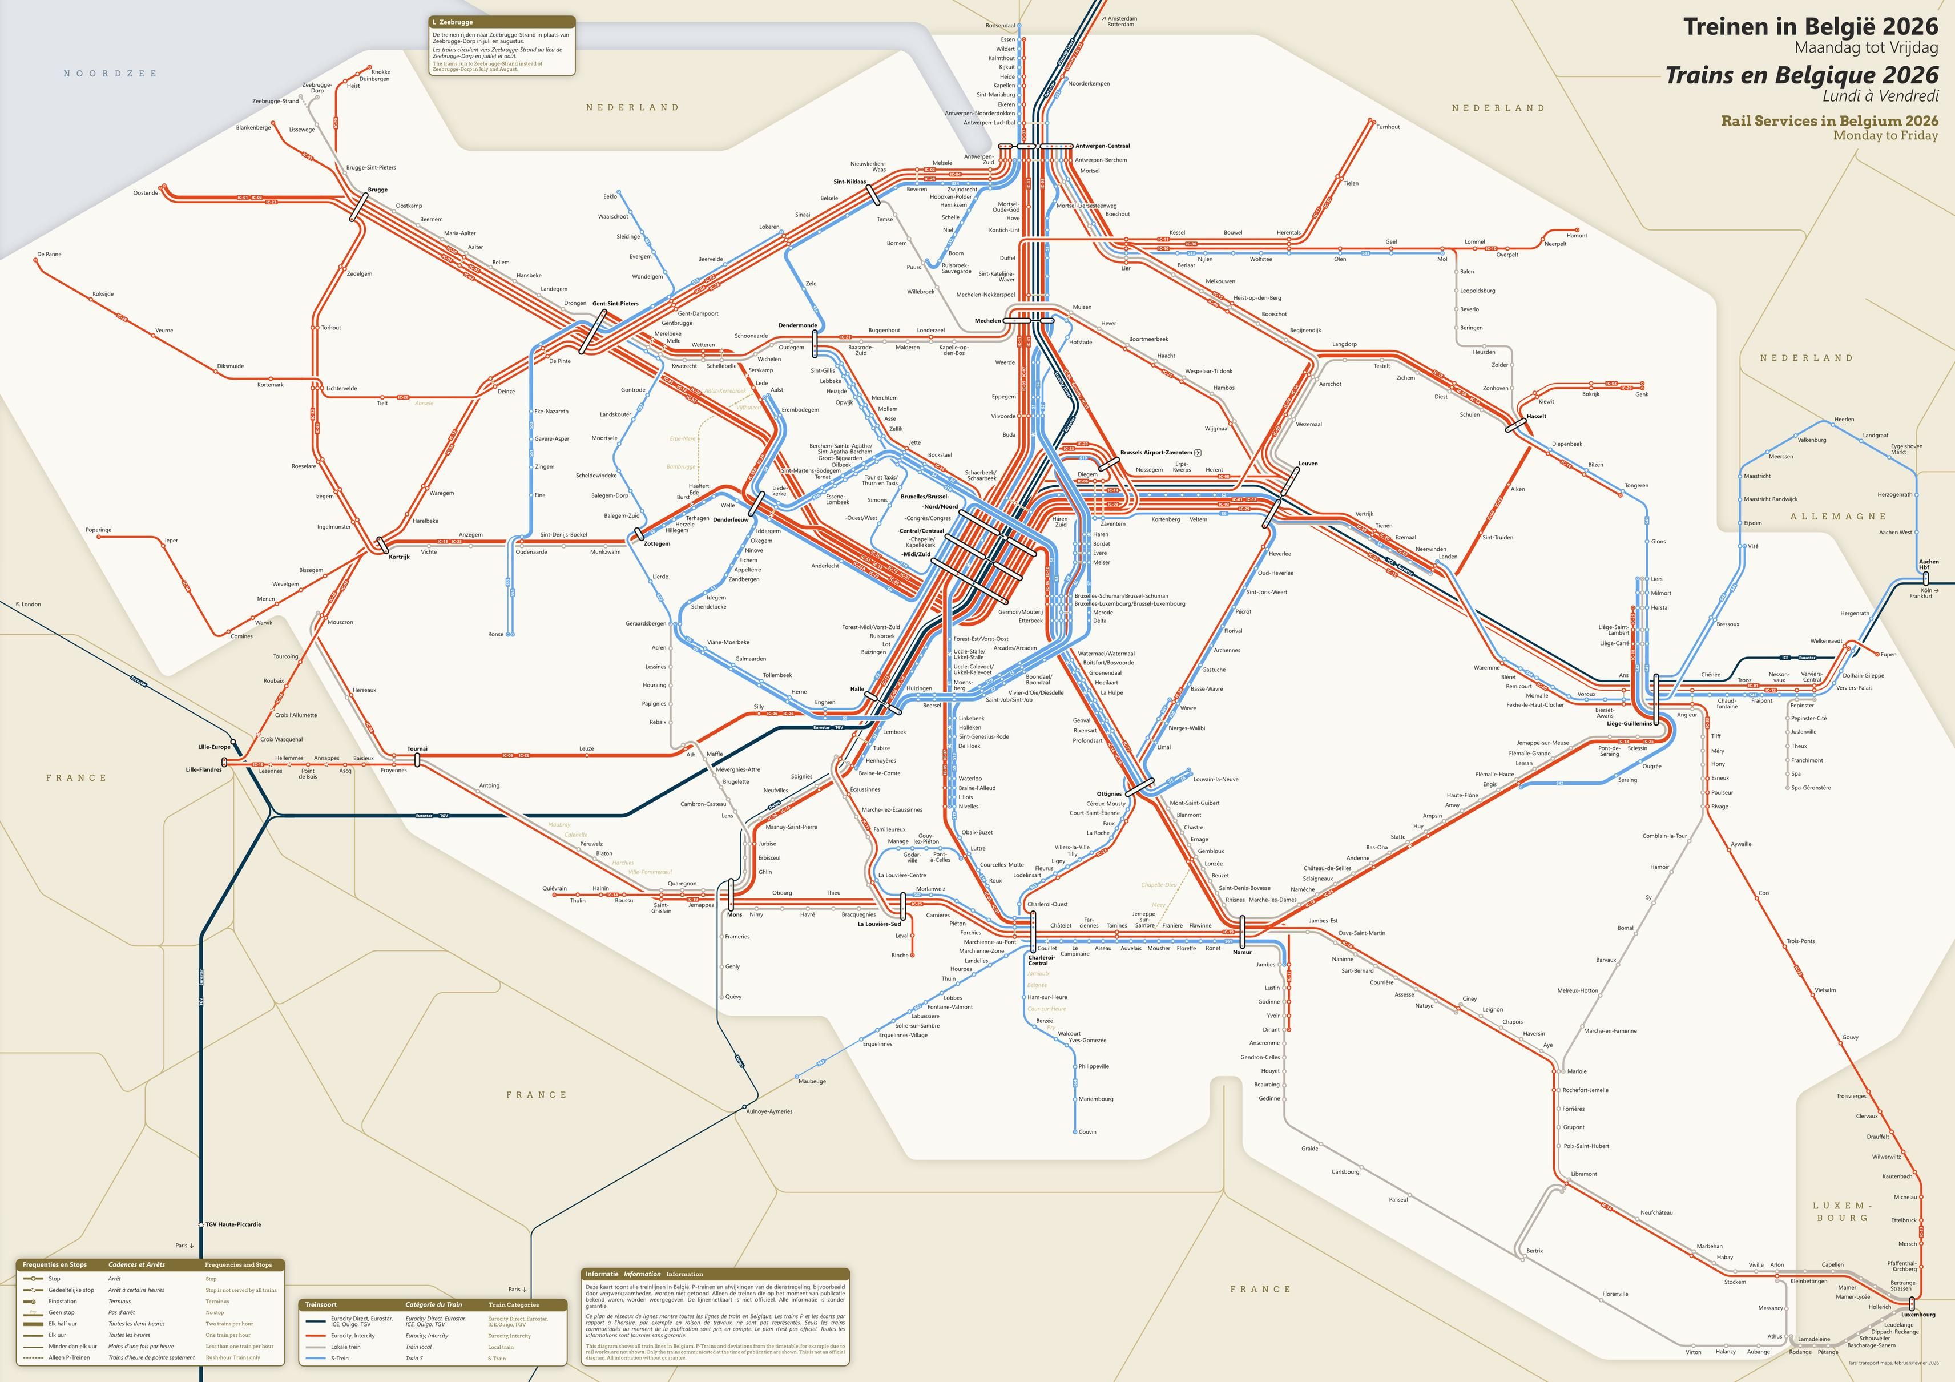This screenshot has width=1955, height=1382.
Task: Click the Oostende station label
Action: pyautogui.click(x=146, y=192)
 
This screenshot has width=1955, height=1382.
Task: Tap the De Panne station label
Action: pyautogui.click(x=50, y=254)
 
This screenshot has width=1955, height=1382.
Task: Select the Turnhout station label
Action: pyautogui.click(x=1388, y=127)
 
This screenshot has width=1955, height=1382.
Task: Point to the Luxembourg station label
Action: pyautogui.click(x=1917, y=1314)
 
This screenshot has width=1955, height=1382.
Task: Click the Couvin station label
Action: pyautogui.click(x=1087, y=1131)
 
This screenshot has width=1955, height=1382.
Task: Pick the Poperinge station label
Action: pyautogui.click(x=99, y=530)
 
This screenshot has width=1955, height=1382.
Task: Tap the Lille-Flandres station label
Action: pyautogui.click(x=204, y=769)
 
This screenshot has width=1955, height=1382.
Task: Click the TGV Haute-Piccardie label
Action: pyautogui.click(x=233, y=1224)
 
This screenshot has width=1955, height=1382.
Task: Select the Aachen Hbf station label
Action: pyautogui.click(x=1929, y=565)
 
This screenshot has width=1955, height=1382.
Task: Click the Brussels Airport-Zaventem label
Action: pyautogui.click(x=1155, y=453)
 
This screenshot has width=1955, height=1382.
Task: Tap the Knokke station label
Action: pyautogui.click(x=381, y=72)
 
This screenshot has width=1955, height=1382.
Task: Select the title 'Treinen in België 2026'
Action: pyautogui.click(x=1810, y=26)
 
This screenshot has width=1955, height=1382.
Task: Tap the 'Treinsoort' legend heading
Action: pyautogui.click(x=321, y=1304)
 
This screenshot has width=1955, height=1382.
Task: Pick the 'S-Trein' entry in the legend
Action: pyautogui.click(x=340, y=1358)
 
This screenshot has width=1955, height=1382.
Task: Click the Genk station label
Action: pyautogui.click(x=1642, y=394)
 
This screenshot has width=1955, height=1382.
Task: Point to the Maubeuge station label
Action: pyautogui.click(x=812, y=1081)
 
